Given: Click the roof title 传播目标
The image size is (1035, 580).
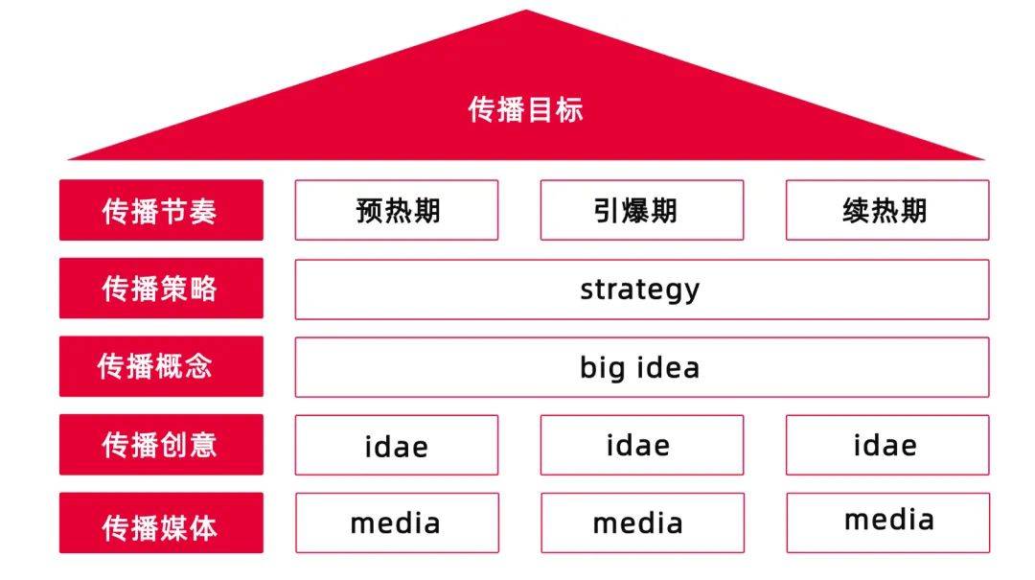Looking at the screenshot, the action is (525, 109).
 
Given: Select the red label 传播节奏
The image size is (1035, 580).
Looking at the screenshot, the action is (161, 210).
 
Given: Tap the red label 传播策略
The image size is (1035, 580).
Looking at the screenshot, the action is (161, 288).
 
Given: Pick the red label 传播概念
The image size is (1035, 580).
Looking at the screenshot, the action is (161, 366).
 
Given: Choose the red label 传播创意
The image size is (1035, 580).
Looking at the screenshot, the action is (161, 445).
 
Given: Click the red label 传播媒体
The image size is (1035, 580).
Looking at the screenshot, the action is (161, 522).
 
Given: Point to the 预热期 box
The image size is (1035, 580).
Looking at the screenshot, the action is (397, 210).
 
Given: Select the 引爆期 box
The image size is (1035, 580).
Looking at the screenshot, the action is (641, 210).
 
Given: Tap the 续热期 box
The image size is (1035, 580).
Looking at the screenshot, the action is (887, 210).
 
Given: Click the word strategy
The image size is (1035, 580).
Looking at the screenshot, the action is (639, 290).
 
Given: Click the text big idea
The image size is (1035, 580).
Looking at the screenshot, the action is (639, 368).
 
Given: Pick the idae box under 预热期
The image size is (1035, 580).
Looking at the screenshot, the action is (397, 445).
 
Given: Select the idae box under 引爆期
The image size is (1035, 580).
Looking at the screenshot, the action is (641, 445).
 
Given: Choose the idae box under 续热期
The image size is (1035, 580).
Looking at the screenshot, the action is (887, 445).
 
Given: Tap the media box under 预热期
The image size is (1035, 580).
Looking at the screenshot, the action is (398, 522).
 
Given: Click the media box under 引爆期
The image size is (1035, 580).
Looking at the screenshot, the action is (642, 522).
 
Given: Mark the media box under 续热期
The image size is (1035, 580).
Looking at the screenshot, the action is (887, 522).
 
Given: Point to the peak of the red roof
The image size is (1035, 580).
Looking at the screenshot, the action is (526, 10).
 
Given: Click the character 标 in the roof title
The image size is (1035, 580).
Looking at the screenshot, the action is (569, 109).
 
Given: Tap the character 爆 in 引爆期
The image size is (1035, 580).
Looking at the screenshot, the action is (635, 211).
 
